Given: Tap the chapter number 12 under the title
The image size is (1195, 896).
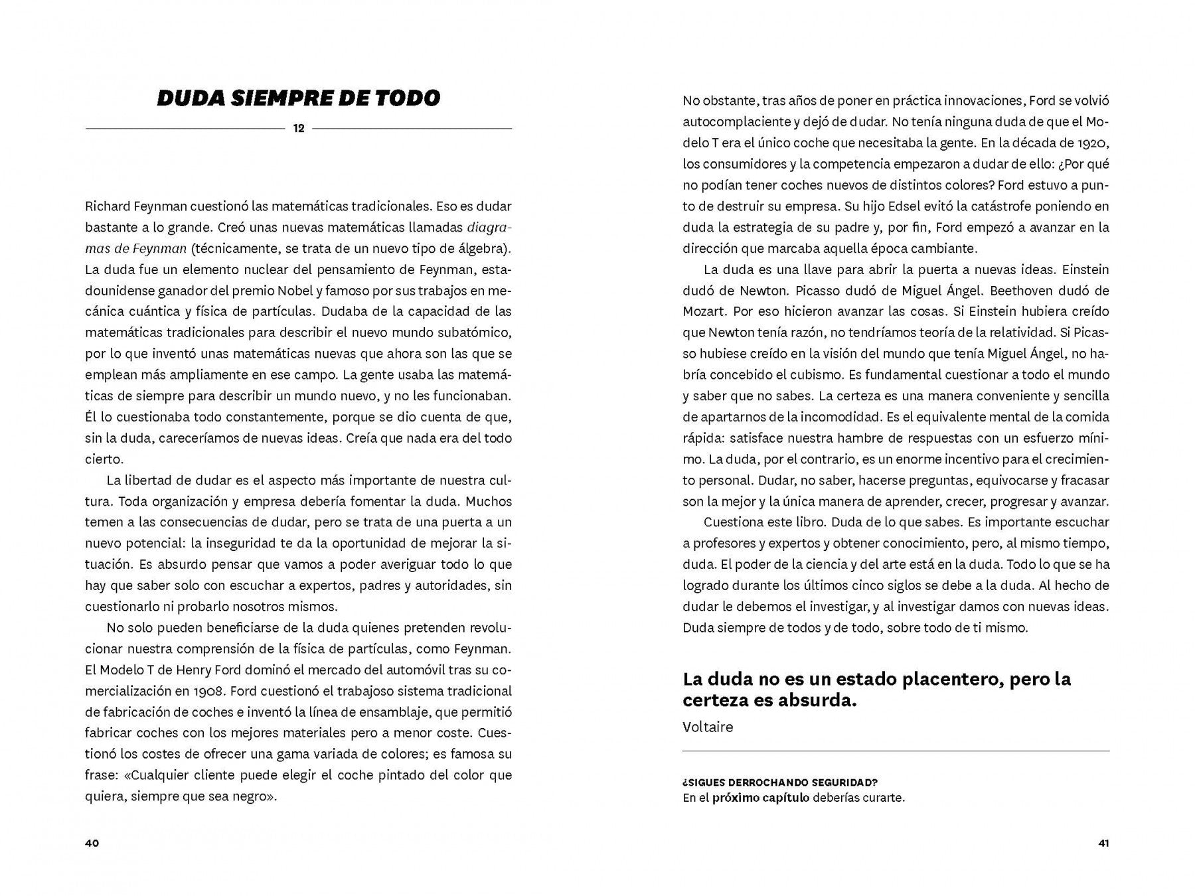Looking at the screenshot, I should [x=299, y=128].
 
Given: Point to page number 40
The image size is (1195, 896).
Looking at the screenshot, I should [x=92, y=843].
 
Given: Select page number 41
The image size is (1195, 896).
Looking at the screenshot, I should [x=1104, y=843].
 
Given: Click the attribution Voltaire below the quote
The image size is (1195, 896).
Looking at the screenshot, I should [x=708, y=727].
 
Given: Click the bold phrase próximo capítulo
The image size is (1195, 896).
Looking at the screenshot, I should [x=761, y=798].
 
